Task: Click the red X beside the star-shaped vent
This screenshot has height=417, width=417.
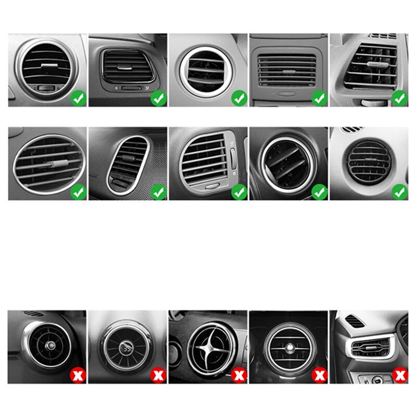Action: point(239,374)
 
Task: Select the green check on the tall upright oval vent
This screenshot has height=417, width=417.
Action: point(158,192)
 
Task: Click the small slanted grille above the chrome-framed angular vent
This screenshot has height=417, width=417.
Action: point(354,321)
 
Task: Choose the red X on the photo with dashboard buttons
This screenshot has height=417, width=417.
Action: point(399,374)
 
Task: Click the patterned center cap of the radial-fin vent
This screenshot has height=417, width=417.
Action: point(126,348)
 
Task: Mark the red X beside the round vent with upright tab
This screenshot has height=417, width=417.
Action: point(319,374)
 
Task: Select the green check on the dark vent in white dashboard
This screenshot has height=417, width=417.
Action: point(399,192)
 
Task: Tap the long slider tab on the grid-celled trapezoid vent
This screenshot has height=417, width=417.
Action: point(375,64)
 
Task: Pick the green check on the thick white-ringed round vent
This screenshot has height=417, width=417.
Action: point(239,97)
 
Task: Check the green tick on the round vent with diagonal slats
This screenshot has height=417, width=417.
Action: point(319,192)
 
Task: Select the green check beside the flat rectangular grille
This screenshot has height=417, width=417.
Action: point(319,97)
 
